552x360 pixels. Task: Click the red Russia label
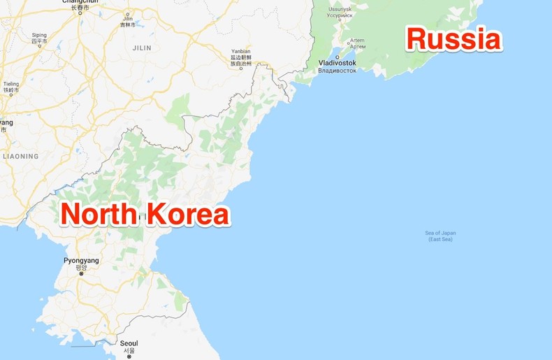tap(454, 39)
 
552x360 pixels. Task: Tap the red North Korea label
tap(145, 215)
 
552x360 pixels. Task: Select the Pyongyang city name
tap(81, 261)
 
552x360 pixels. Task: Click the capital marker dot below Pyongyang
tap(81, 274)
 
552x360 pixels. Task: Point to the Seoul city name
tap(129, 344)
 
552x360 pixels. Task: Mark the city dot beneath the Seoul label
tap(129, 357)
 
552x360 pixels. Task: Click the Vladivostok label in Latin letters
tap(337, 63)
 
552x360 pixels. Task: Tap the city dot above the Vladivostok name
tap(337, 55)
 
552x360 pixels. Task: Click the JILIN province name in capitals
tap(143, 48)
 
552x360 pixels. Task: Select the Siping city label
tap(39, 35)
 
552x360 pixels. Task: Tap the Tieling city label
tap(10, 84)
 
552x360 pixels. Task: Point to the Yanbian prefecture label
tap(241, 52)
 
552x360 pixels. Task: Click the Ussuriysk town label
tap(340, 8)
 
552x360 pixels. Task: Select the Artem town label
tap(356, 41)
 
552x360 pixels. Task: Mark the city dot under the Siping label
tap(39, 49)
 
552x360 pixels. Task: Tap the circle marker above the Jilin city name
tap(126, 15)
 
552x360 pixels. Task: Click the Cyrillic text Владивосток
tap(337, 70)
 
